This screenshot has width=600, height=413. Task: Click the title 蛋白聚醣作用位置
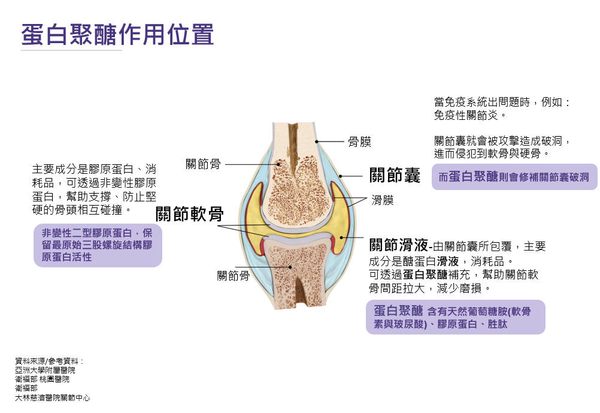point(117,35)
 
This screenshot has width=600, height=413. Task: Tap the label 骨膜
point(359,142)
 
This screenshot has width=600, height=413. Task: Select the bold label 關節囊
point(395,176)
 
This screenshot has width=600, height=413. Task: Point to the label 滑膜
point(382,200)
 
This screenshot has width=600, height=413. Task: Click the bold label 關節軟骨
point(190,214)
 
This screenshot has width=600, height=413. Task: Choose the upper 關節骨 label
point(203,164)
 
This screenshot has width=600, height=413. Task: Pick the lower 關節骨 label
point(233,276)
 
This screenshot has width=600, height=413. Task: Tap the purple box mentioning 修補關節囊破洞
point(514,177)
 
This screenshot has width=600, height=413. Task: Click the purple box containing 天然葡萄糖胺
point(455,317)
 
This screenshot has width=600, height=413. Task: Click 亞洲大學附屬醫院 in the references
point(45,370)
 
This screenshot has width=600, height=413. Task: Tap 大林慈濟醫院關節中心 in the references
point(53,397)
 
